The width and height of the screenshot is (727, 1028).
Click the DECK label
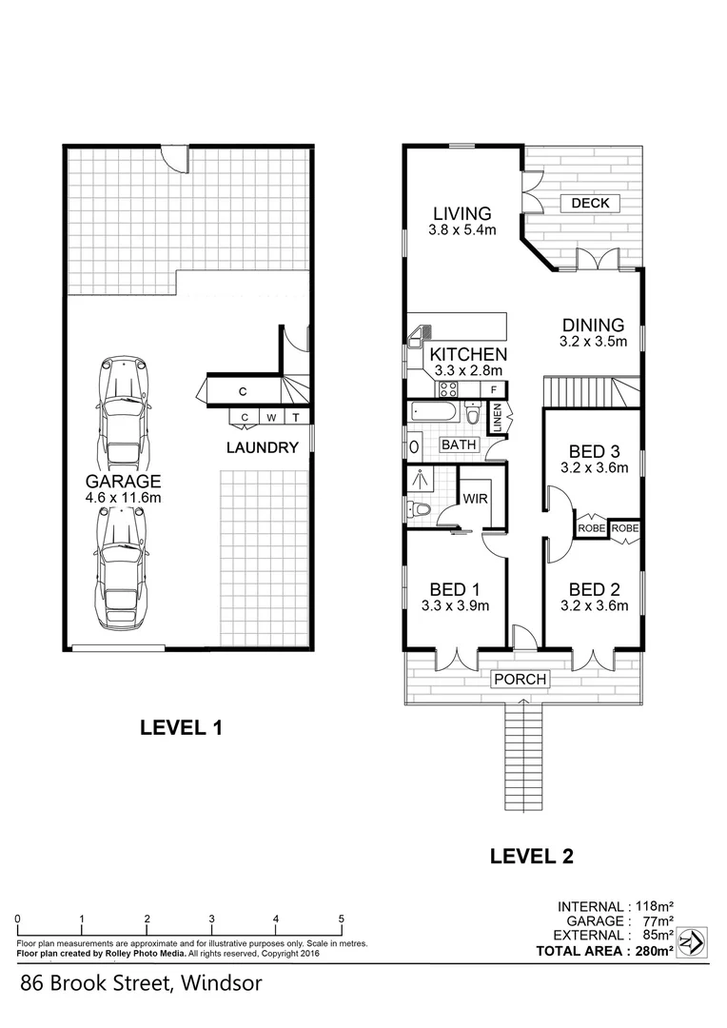pos(590,203)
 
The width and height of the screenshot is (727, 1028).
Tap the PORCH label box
pos(521,679)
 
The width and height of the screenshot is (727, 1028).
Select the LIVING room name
pos(462,213)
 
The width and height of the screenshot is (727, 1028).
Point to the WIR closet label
pos(475,498)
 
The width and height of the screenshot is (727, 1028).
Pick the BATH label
pos(459,445)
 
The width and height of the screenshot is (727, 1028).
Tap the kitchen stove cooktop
pos(448,388)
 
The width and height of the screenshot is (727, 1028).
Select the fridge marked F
pos(494,389)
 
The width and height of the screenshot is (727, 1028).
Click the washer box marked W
pos(271,417)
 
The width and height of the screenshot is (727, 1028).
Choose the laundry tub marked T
pos(296,417)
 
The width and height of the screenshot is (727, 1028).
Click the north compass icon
pos(693,941)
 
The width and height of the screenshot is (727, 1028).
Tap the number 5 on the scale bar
pos(341,919)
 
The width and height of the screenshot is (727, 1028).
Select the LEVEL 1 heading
pos(181,728)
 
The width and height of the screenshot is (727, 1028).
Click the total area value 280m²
pos(657,950)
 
